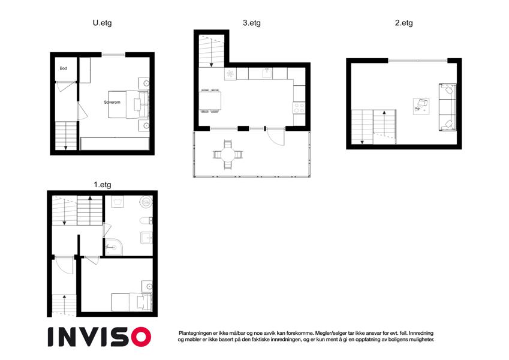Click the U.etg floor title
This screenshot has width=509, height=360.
point(102,23)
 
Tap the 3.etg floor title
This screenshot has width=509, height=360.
point(252,23)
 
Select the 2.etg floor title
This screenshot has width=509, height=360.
point(404,23)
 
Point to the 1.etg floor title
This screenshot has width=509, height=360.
point(103,185)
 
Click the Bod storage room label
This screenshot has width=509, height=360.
point(64,68)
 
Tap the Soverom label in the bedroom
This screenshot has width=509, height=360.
point(112,102)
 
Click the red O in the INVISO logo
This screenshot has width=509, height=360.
point(141,337)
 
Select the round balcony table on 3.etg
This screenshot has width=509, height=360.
point(228,154)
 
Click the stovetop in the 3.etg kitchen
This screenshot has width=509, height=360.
point(299,107)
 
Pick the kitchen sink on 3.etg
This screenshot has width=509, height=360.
point(267,73)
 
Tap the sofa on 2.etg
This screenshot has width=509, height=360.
point(447,107)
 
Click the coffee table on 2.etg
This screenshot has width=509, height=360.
point(421,106)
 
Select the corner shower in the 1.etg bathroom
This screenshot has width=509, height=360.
point(114,247)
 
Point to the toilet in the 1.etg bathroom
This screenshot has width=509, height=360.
point(146,221)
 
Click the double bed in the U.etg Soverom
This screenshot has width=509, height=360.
point(128,104)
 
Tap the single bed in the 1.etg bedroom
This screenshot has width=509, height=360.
point(131,302)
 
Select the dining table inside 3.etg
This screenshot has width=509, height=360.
point(210,101)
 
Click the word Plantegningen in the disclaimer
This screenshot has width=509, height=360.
point(195,333)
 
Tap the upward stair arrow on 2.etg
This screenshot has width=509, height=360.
point(384,124)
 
